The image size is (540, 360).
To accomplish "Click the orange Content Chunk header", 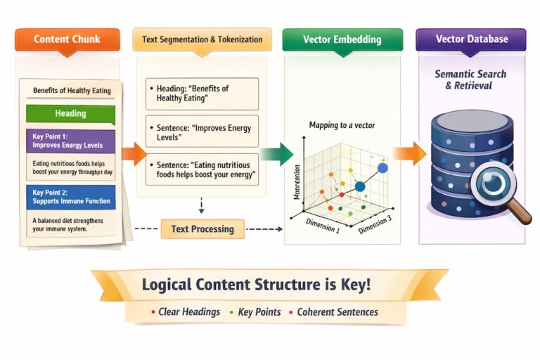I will pos(67,39).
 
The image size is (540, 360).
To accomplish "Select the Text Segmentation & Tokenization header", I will pos(202,39).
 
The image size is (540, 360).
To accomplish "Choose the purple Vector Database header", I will pos(471,39).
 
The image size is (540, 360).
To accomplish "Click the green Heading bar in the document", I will pos(70,113).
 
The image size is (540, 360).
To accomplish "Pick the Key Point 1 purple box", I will pos(70,141).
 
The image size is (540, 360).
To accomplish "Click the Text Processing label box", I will pos(202,229).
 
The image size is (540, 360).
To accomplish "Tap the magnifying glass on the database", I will pos(493,185).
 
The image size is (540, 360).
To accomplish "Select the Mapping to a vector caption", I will pos(342,125).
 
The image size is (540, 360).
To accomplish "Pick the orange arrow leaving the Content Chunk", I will pos(133,153).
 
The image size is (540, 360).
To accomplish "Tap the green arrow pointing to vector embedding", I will pos(276,153).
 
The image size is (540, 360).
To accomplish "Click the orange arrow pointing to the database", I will pos(409,153).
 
